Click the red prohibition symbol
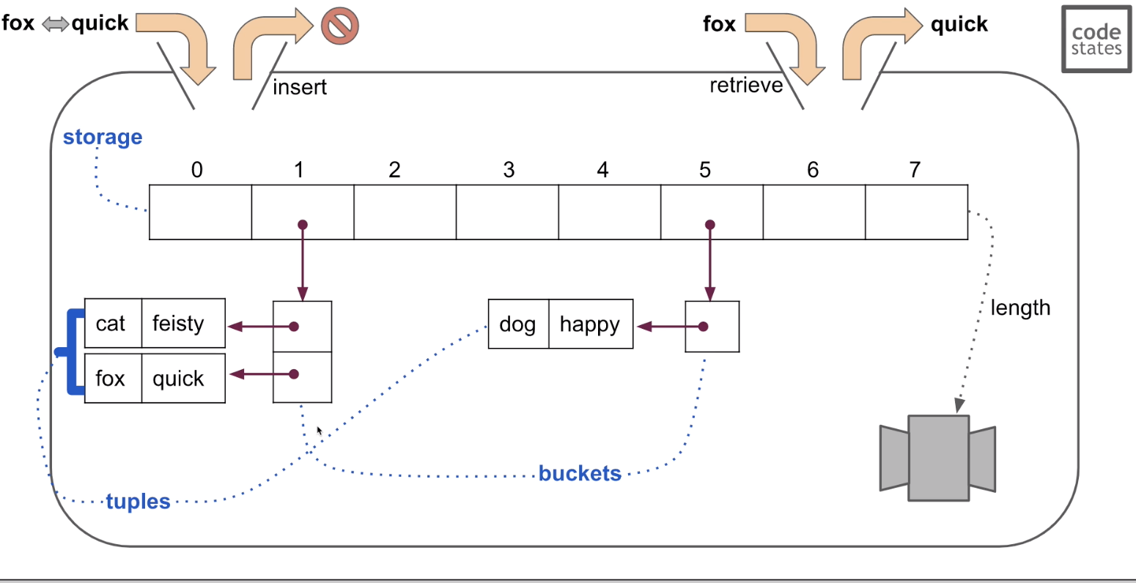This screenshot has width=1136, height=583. pos(339,27)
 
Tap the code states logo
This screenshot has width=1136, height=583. pos(1096,40)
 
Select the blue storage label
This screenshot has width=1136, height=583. pos(103,137)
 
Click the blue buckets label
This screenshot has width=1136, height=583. pos(580,474)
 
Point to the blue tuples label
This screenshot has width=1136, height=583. pos(138,502)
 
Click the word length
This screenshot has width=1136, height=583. pos(1019,308)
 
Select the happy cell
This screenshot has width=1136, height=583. pos(590,324)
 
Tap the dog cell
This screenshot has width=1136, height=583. pos(518,324)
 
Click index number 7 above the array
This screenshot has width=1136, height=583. pos(915,170)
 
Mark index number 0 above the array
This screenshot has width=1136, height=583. pos(196,170)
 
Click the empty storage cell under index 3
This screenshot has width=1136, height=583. pos(507,212)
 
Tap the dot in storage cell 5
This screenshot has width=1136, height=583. pos(709,225)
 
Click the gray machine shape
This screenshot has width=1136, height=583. pos(938,458)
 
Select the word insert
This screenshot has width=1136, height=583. pos(299,87)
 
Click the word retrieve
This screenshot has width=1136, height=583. pos(745,86)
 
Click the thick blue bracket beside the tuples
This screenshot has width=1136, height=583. pos(71,352)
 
